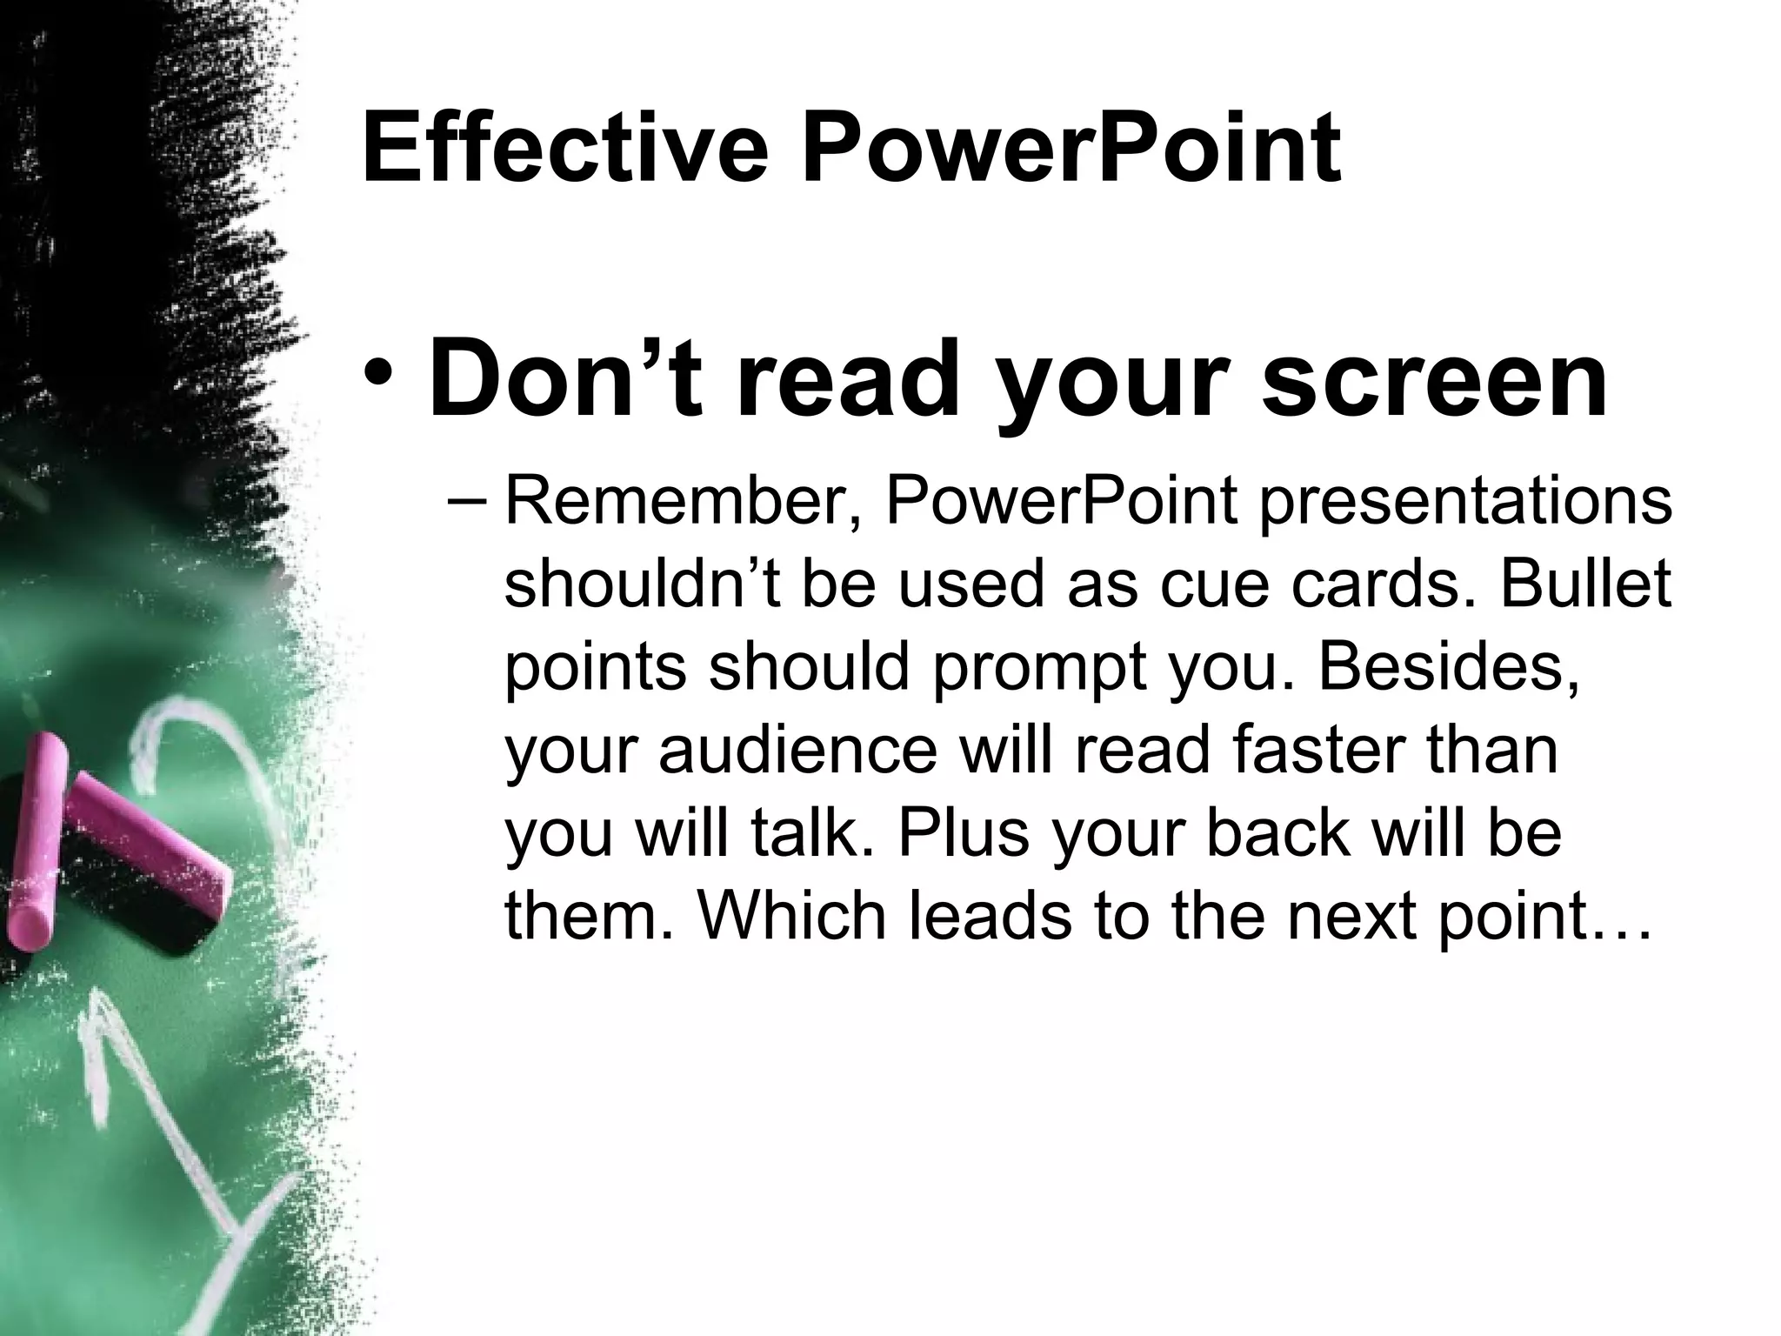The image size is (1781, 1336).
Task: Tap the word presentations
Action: pos(1465,503)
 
